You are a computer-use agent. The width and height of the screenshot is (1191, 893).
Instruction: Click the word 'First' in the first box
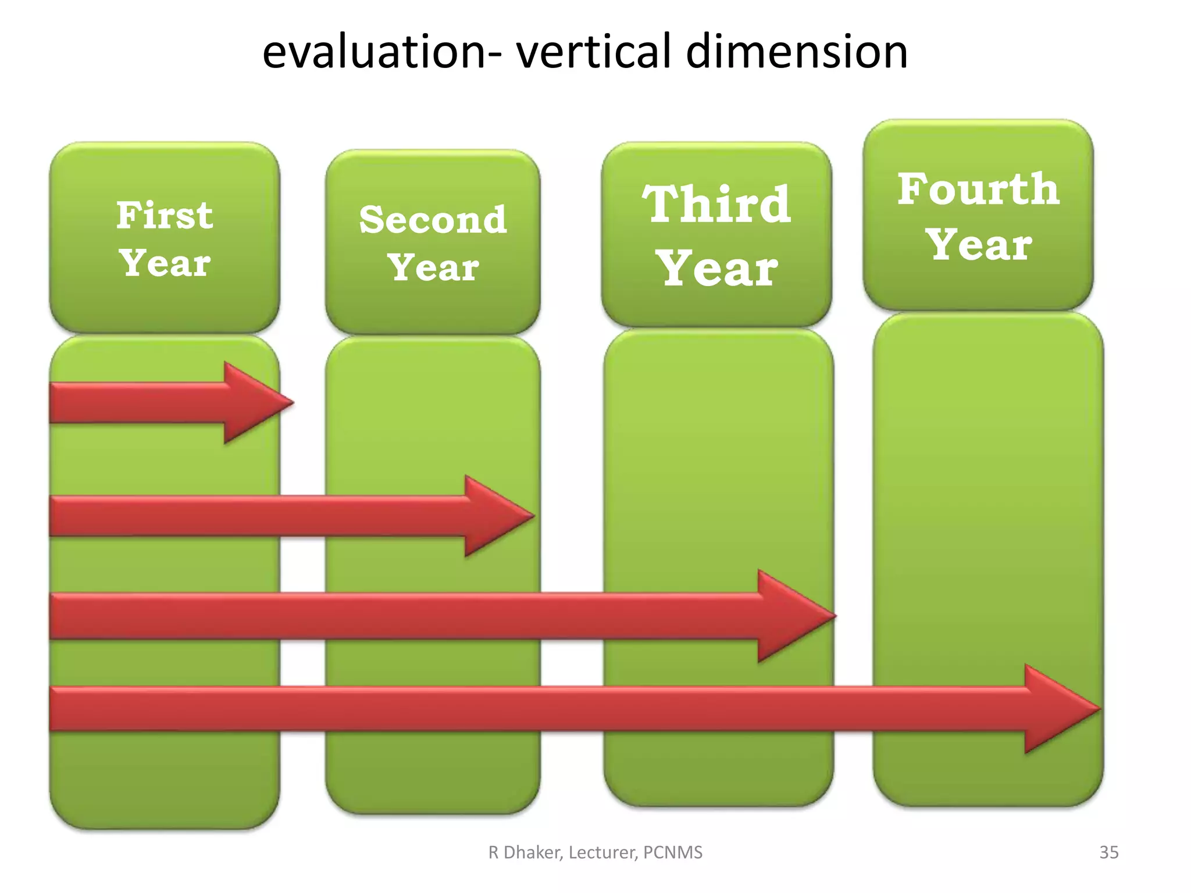click(165, 216)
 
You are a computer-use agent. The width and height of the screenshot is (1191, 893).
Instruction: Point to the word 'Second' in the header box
click(433, 220)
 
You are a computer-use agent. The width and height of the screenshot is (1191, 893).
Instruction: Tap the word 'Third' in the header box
click(716, 205)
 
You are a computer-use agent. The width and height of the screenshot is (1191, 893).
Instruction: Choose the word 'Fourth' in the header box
click(978, 190)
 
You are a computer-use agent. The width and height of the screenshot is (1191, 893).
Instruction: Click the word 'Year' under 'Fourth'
click(979, 245)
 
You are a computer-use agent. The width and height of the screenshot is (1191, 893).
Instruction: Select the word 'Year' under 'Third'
click(718, 269)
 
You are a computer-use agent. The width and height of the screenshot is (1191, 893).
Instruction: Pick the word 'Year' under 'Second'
click(433, 268)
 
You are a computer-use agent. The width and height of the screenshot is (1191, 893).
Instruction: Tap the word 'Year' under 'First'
click(165, 263)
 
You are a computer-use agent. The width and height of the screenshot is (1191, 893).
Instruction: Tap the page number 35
click(1108, 852)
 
